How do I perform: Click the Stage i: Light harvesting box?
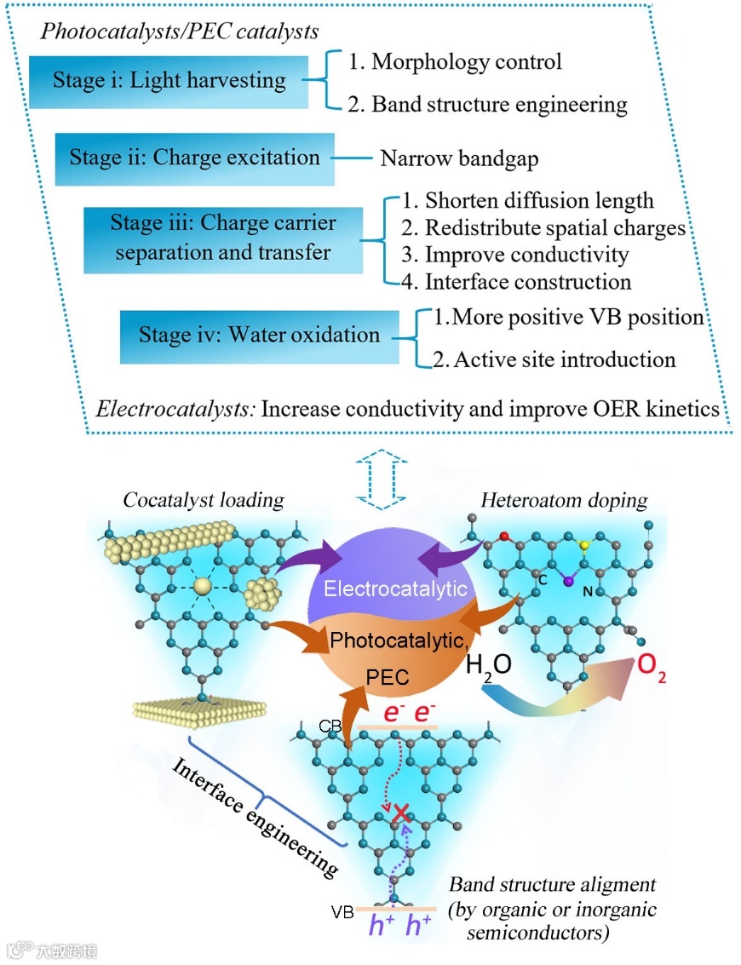click(x=169, y=82)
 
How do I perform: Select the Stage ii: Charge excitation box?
click(x=194, y=158)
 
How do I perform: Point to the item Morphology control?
click(x=467, y=61)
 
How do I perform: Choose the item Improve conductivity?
click(x=526, y=255)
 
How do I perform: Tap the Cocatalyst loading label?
click(x=203, y=499)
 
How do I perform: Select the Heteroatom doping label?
click(x=564, y=499)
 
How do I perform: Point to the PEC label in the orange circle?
click(x=388, y=679)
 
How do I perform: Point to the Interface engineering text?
click(x=253, y=816)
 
